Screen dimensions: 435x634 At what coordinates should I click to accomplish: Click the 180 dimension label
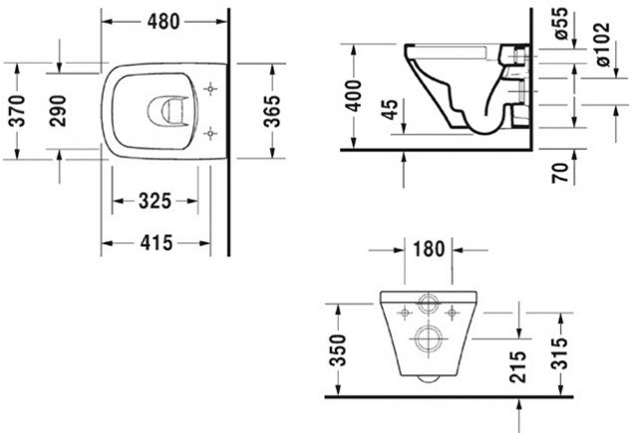[428, 247]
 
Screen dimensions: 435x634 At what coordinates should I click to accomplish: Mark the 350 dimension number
[339, 349]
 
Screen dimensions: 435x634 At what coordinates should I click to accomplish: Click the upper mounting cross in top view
[210, 90]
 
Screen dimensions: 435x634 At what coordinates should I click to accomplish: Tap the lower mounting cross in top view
[210, 131]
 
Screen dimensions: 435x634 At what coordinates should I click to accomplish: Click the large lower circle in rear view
[431, 338]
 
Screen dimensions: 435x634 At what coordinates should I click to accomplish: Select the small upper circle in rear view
[430, 305]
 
